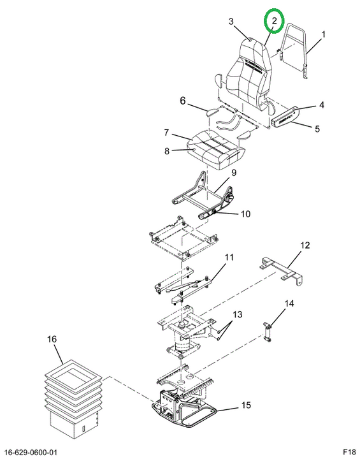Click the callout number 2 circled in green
click(274, 21)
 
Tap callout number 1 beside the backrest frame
click(323, 34)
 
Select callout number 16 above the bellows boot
click(52, 339)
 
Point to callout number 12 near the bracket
click(305, 245)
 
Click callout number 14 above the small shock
click(289, 303)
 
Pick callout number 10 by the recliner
click(246, 214)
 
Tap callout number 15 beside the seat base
click(246, 405)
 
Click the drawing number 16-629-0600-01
click(31, 453)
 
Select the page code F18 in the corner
click(349, 453)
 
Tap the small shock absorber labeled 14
click(267, 331)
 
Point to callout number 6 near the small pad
click(183, 101)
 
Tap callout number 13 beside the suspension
click(238, 314)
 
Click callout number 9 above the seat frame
click(234, 173)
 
